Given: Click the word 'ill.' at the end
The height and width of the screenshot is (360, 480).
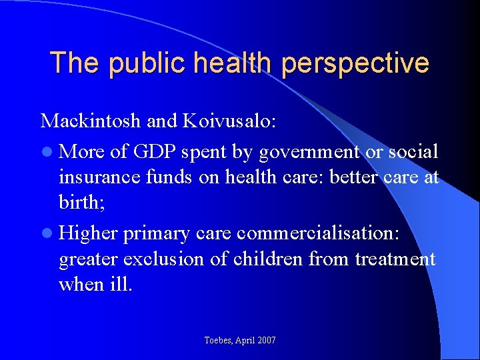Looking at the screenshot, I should pos(121,285).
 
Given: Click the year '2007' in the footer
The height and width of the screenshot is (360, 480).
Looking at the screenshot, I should pos(266,341).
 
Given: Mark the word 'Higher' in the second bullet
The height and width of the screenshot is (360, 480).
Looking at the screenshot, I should pos(87,233).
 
